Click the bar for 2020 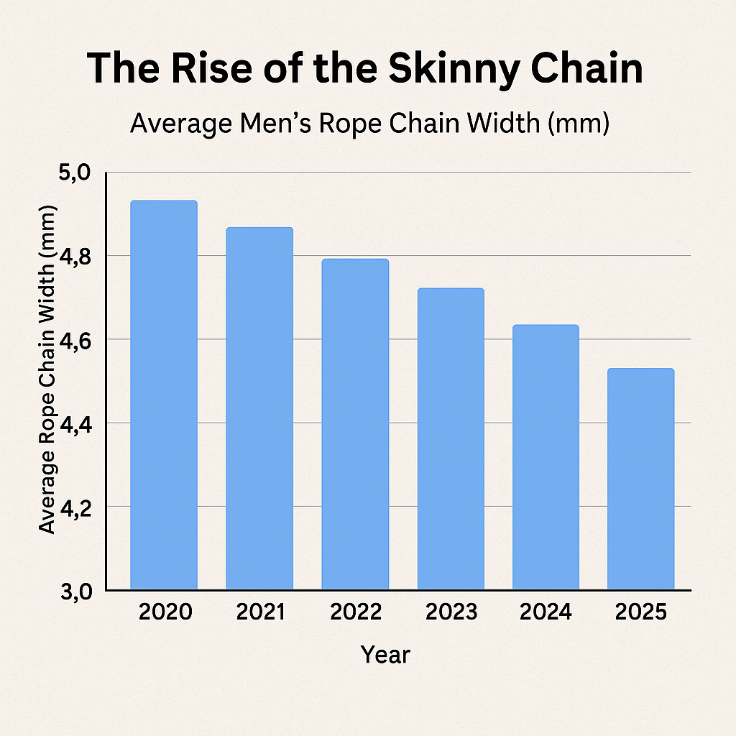click(x=163, y=395)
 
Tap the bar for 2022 click(x=355, y=424)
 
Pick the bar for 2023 click(x=451, y=438)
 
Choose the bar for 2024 click(x=546, y=457)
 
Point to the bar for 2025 click(x=640, y=479)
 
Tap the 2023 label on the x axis click(x=451, y=612)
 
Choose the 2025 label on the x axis click(x=642, y=612)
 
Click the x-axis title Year click(x=385, y=655)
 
